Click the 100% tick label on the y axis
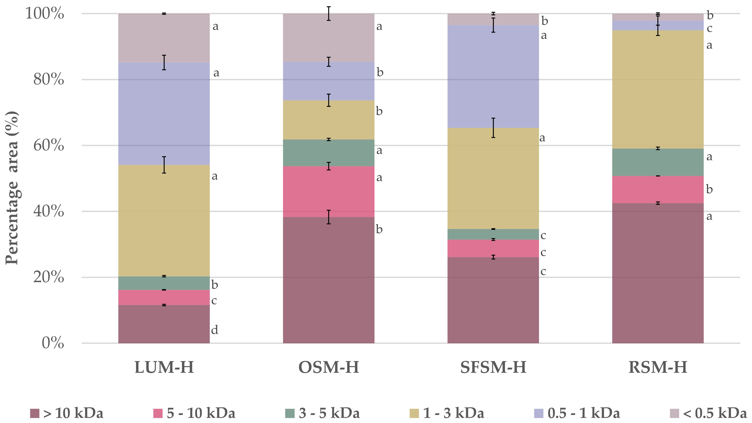coord(45,14)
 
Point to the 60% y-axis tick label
coord(49,145)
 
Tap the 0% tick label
coord(53,343)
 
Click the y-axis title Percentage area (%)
coord(12,188)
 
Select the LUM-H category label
coord(164,367)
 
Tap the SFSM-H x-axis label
coord(493,367)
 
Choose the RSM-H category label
coord(658,367)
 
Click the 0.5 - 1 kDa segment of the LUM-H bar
coord(164,114)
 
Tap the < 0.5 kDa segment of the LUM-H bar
coord(164,38)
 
